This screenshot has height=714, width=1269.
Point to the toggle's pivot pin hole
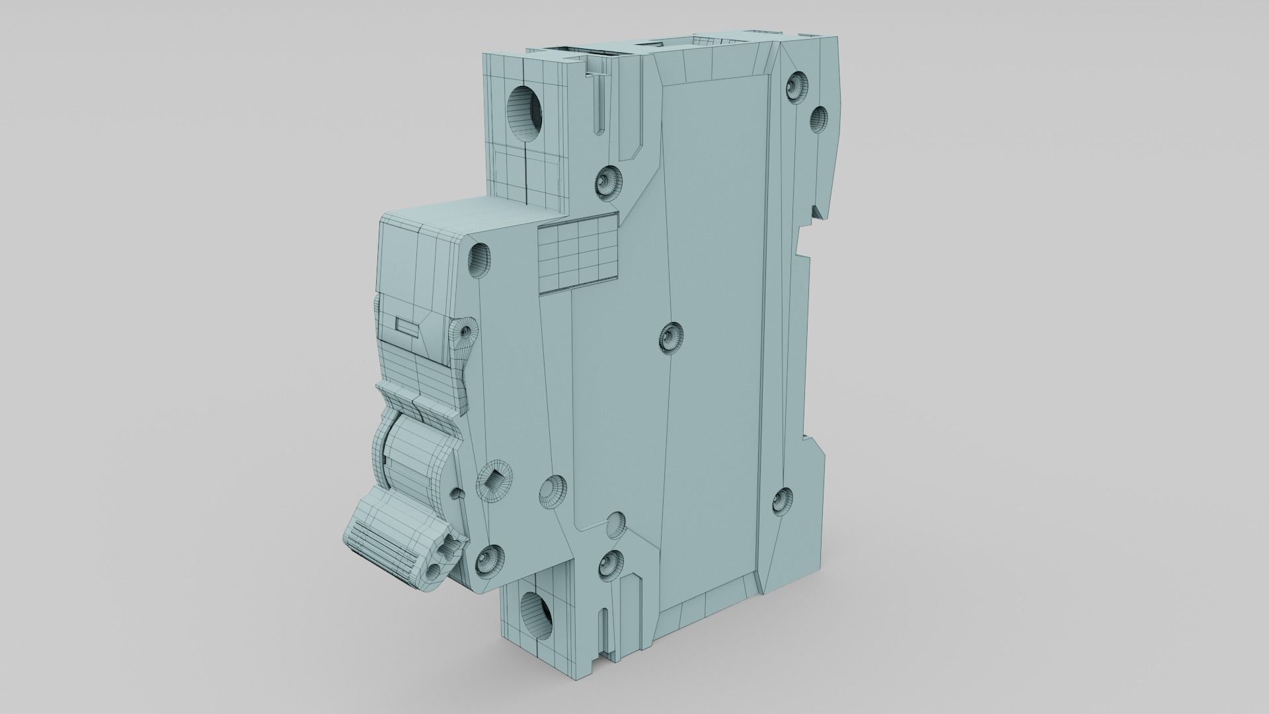455,493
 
